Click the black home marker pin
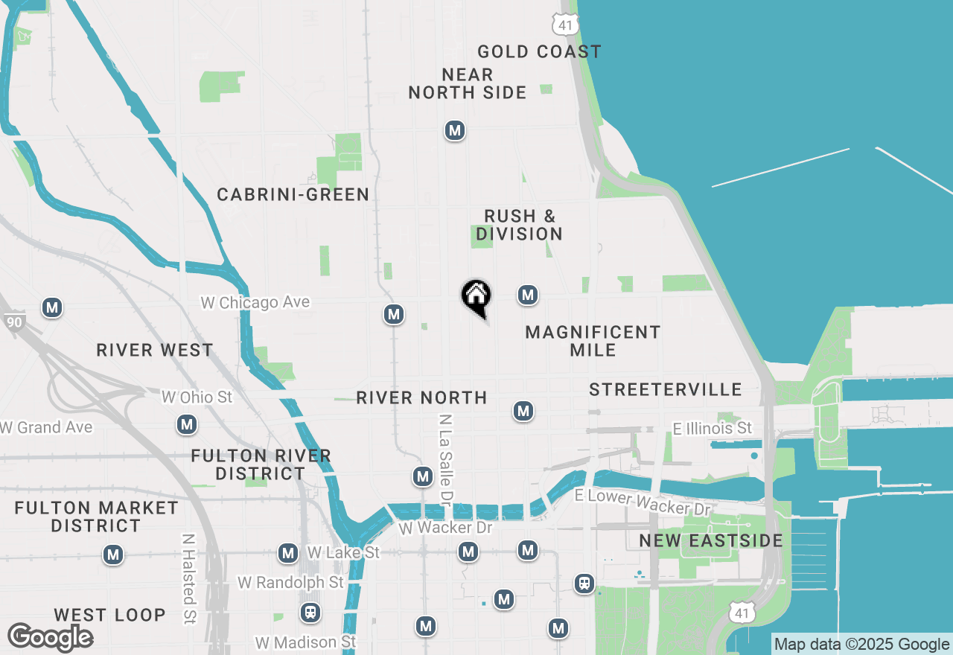tap(476, 297)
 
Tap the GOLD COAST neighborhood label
tap(539, 51)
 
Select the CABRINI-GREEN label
tap(293, 194)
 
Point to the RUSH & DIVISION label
tap(519, 225)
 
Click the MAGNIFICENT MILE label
tap(593, 341)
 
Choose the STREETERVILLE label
tap(666, 389)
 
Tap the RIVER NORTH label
tap(421, 397)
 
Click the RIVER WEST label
tap(155, 350)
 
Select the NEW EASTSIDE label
tap(711, 540)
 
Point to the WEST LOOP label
tap(109, 615)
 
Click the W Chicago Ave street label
tap(255, 303)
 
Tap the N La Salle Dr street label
tap(446, 457)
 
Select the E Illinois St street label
tap(713, 428)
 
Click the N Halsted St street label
tap(188, 578)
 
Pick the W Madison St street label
tap(305, 642)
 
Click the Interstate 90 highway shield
tap(13, 322)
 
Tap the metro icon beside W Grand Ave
tap(186, 425)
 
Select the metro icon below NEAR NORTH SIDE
tap(454, 131)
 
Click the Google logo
tap(50, 638)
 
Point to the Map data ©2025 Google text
tap(861, 645)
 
